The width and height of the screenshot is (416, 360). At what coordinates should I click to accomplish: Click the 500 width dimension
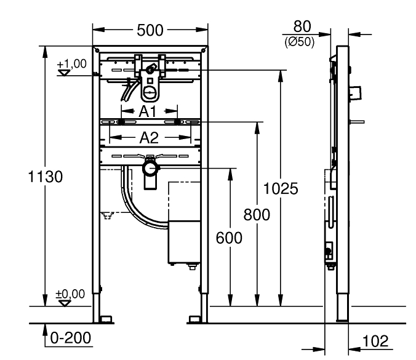click(151, 31)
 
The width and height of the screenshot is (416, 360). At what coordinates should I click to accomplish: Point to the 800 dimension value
click(256, 215)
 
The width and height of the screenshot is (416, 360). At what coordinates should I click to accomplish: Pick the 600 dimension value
click(229, 238)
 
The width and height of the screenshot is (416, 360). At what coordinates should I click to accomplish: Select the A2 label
click(148, 137)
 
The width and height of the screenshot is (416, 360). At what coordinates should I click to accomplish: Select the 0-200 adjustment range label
click(71, 338)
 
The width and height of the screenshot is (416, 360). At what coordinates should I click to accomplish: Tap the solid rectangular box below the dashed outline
click(186, 241)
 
